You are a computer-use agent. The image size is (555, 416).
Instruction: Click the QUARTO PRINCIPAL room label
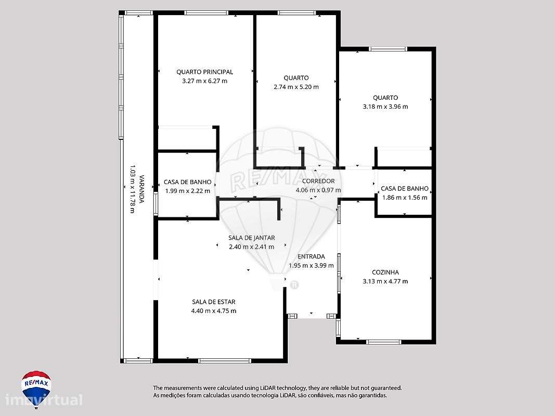tap(204, 72)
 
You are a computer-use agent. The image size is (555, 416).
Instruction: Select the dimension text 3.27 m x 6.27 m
tap(204, 81)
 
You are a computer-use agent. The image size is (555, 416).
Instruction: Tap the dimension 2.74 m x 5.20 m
tap(296, 87)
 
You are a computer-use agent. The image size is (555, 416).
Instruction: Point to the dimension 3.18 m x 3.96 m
tap(385, 107)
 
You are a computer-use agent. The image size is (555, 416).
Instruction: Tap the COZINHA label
tap(385, 272)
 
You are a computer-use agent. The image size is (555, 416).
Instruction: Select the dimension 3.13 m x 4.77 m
tap(385, 281)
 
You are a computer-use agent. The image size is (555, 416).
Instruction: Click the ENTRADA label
tap(311, 256)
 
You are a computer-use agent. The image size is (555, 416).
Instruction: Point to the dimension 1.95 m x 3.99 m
tap(311, 265)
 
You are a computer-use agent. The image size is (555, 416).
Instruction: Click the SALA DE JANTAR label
tap(251, 238)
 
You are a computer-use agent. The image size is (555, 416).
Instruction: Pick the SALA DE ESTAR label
tap(213, 302)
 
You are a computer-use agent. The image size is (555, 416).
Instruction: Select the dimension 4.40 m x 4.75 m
tap(213, 311)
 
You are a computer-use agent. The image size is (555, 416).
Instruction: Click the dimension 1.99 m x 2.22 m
tap(187, 191)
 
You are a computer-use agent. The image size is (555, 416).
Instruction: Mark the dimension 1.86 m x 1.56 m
tap(404, 198)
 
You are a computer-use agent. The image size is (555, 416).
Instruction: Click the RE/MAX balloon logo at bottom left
tap(36, 386)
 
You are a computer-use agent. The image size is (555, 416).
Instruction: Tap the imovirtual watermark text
tap(44, 400)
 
